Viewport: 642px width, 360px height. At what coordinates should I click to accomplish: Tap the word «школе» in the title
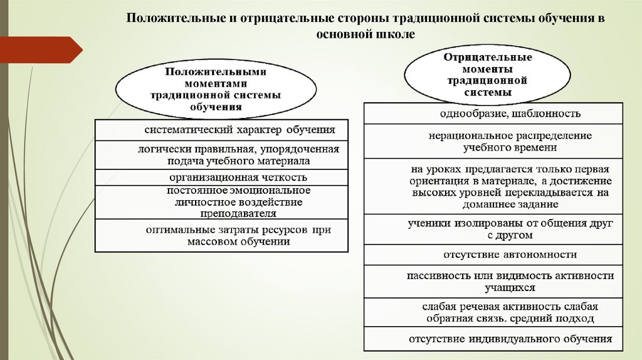click(x=394, y=35)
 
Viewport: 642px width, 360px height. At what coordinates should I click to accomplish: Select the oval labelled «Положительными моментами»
click(x=215, y=89)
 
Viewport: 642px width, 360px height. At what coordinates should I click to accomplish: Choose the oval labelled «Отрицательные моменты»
click(x=488, y=75)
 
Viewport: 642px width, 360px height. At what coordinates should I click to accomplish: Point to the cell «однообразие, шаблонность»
click(x=493, y=114)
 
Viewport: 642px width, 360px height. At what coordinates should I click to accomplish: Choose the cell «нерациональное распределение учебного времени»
click(x=493, y=141)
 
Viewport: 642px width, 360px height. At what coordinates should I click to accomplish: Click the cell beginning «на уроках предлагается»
click(x=493, y=186)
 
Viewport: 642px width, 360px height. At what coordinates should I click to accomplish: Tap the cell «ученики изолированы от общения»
click(x=493, y=229)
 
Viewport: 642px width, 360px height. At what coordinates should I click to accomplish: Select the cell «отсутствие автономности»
click(x=493, y=255)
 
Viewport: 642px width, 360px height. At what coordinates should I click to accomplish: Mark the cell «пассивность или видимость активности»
click(x=493, y=282)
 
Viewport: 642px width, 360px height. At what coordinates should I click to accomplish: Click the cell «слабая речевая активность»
click(x=493, y=312)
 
